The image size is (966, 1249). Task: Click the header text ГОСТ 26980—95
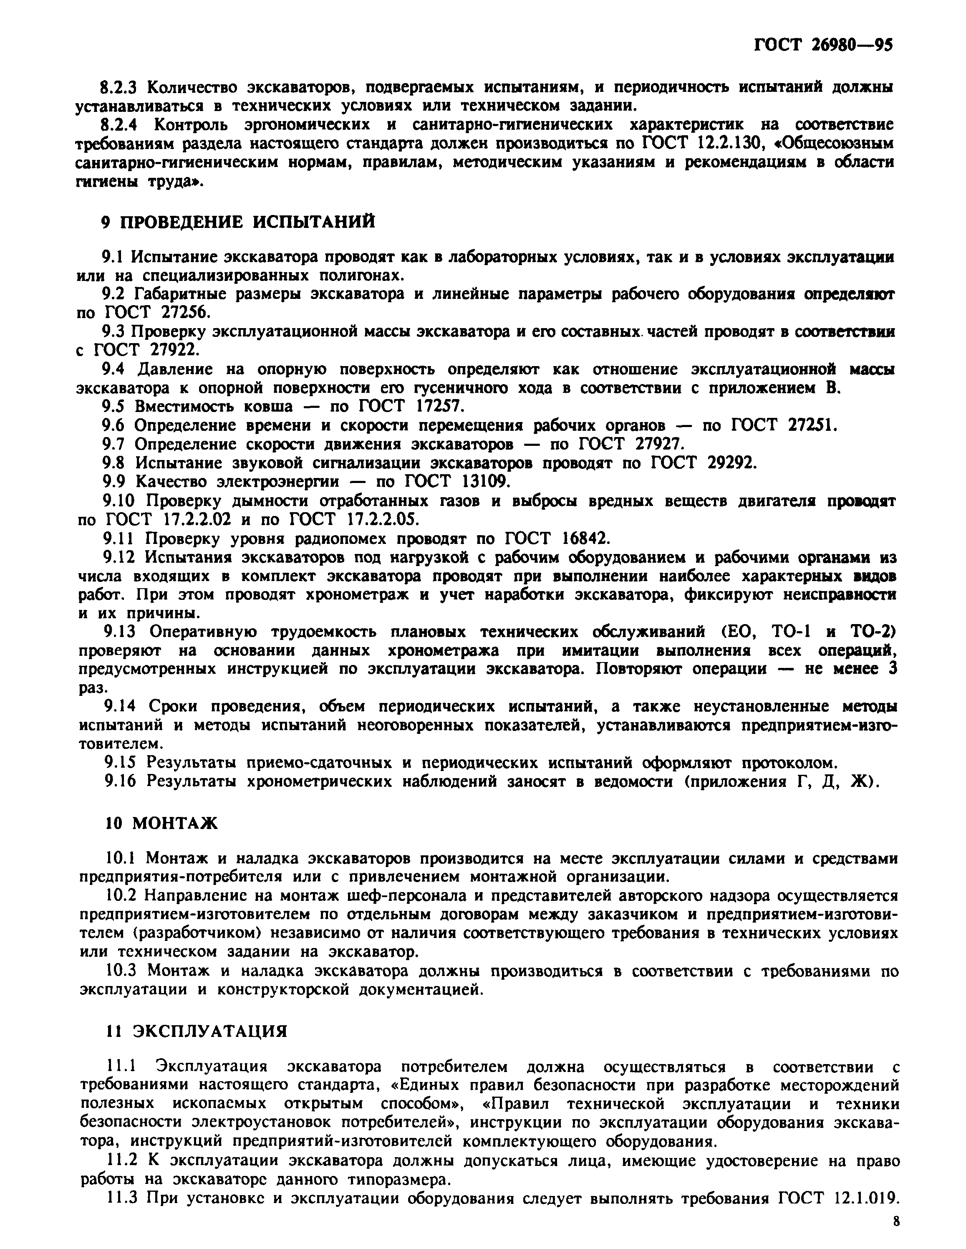tap(823, 45)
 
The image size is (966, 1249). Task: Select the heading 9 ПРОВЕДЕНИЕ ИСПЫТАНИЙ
tap(238, 221)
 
